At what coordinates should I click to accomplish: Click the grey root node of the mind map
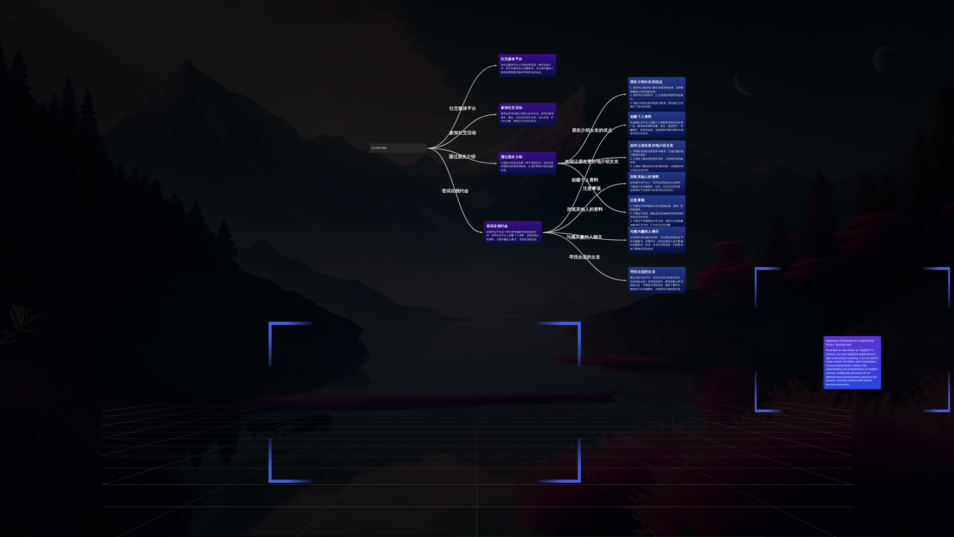[397, 148]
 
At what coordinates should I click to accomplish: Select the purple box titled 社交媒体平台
[527, 66]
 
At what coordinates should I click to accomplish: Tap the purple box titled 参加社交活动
[527, 114]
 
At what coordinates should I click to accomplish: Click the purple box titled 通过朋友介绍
[527, 163]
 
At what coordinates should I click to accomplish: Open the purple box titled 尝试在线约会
[513, 232]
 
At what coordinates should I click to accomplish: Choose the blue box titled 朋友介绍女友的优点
[656, 94]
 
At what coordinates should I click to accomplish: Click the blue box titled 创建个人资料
[656, 125]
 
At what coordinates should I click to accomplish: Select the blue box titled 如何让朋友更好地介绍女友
[656, 157]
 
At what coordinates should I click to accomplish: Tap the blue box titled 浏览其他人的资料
[656, 183]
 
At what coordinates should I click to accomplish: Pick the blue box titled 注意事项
[656, 212]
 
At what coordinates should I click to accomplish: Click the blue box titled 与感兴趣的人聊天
[656, 240]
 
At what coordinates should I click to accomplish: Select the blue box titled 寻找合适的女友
[656, 280]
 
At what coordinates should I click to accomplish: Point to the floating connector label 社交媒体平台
[463, 108]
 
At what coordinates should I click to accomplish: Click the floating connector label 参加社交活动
[463, 133]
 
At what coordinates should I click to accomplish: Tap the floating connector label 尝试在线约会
[455, 191]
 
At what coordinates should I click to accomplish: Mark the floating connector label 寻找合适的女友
[584, 257]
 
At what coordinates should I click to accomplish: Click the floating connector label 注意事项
[592, 188]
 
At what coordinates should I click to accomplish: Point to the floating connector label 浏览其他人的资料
[585, 209]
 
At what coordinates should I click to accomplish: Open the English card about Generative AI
[852, 362]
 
